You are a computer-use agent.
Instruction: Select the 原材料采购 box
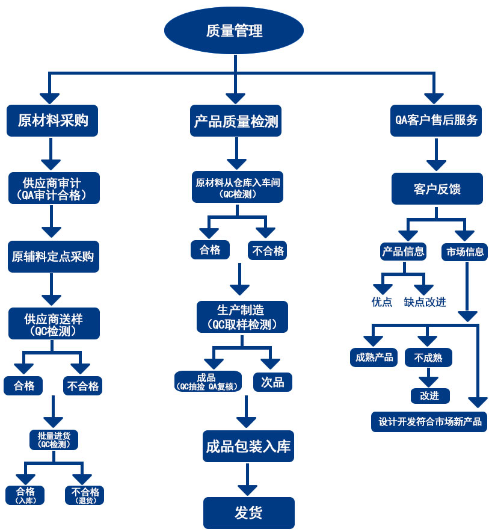(x=53, y=120)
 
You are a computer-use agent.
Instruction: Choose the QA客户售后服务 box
(x=436, y=120)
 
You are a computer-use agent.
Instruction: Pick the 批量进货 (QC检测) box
(x=54, y=439)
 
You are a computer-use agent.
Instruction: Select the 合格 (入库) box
(x=25, y=495)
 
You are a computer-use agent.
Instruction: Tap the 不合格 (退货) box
(x=85, y=495)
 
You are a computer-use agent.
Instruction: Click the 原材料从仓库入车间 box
(x=238, y=188)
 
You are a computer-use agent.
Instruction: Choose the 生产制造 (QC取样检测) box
(x=242, y=317)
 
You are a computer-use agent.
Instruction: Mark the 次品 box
(x=272, y=382)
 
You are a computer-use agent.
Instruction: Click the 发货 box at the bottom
(x=248, y=513)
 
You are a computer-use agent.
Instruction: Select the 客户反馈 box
(x=437, y=189)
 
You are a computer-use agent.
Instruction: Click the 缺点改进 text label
(x=425, y=302)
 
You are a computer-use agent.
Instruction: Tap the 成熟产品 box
(x=374, y=357)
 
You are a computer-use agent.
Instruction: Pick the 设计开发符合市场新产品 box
(x=429, y=421)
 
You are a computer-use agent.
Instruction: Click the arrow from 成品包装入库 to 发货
(x=247, y=481)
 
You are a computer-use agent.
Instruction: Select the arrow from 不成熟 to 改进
(x=428, y=377)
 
